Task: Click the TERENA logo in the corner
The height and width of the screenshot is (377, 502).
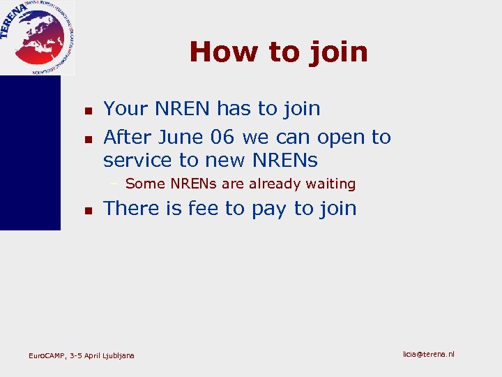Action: pos(38,37)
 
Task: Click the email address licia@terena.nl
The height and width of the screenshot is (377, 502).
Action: pos(428,355)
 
